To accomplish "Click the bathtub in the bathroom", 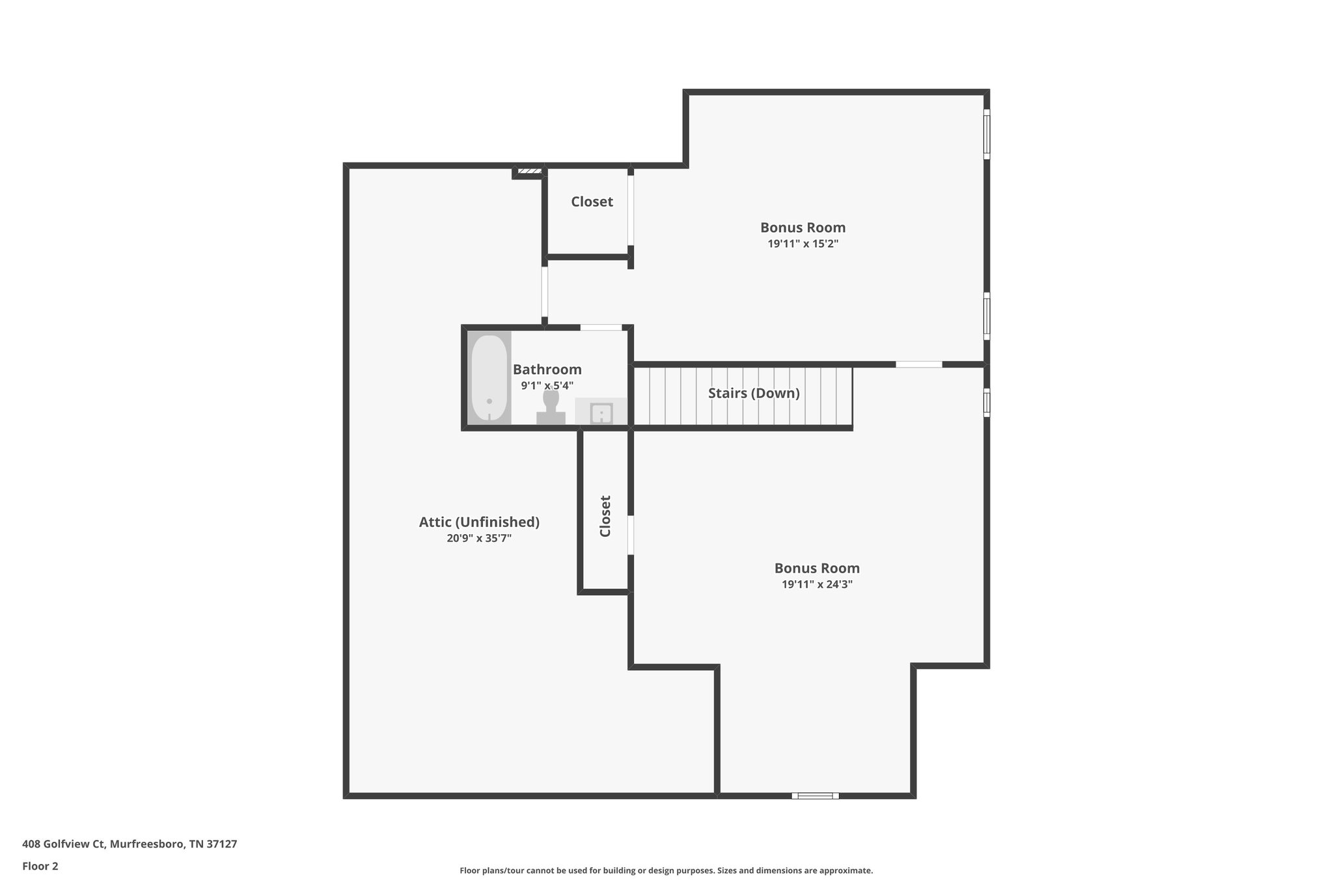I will pos(489,378).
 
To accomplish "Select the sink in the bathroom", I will pos(601,413).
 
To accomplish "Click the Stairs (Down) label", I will pos(754,394).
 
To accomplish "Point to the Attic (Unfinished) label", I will pos(479,522).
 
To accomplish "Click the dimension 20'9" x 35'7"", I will pos(479,539).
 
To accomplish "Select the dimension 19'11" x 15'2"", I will pos(803,244).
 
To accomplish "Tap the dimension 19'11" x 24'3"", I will pos(817,584).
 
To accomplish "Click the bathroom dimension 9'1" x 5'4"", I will pos(547,386).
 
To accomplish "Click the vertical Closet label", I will pos(605,517).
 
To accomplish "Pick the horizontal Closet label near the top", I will pos(592,202).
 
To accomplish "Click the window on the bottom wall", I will pos(815,795).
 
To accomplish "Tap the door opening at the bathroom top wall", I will pos(601,327).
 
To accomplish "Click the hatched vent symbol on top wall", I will pos(529,171).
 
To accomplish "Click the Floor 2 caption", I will pos(40,866).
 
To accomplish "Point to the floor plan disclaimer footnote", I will pos(666,870).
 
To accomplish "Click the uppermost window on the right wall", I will pos(987,134).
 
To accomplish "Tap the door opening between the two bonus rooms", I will pos(918,364).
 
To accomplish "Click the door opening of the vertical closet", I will pos(630,535).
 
